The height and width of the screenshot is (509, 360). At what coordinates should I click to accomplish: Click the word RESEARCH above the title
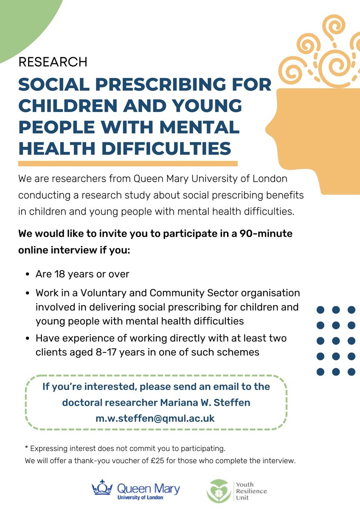pyautogui.click(x=53, y=62)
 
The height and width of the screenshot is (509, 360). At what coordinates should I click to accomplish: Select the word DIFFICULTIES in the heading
pyautogui.click(x=164, y=148)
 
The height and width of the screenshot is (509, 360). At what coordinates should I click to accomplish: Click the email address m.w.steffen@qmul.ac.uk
pyautogui.click(x=155, y=418)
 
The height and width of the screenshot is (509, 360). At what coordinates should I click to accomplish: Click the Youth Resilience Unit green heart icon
pyautogui.click(x=219, y=491)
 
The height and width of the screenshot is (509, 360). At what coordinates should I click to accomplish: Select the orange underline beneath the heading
pyautogui.click(x=127, y=163)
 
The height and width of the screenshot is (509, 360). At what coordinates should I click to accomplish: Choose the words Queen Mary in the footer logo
pyautogui.click(x=148, y=489)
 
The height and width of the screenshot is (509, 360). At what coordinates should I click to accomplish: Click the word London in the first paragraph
pyautogui.click(x=272, y=179)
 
